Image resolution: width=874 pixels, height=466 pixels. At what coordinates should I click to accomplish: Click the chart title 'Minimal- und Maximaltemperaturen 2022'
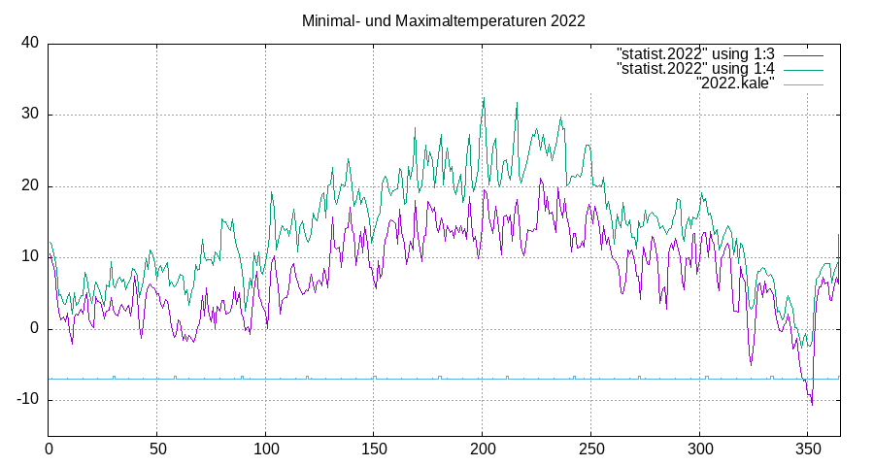(x=443, y=19)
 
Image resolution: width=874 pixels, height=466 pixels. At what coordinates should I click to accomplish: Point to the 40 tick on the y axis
(x=30, y=43)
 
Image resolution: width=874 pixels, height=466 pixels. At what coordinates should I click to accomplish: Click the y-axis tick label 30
(x=30, y=115)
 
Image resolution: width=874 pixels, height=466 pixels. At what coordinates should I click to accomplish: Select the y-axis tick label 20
(x=30, y=185)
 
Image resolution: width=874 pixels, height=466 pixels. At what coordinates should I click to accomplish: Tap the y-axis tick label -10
(x=27, y=400)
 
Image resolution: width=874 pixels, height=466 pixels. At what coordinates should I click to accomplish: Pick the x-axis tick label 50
(x=157, y=449)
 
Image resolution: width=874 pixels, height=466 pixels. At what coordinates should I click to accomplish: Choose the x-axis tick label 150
(x=374, y=449)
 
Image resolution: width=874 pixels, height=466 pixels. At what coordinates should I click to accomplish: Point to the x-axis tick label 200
(x=483, y=449)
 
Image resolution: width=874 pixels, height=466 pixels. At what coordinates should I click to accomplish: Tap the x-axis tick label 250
(x=591, y=449)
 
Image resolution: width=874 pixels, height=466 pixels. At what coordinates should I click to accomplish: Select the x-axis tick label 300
(x=699, y=449)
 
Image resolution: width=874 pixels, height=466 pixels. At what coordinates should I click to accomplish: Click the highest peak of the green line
(x=484, y=98)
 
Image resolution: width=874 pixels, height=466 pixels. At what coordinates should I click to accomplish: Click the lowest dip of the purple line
(x=812, y=404)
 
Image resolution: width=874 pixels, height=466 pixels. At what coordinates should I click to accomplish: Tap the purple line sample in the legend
(x=803, y=52)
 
